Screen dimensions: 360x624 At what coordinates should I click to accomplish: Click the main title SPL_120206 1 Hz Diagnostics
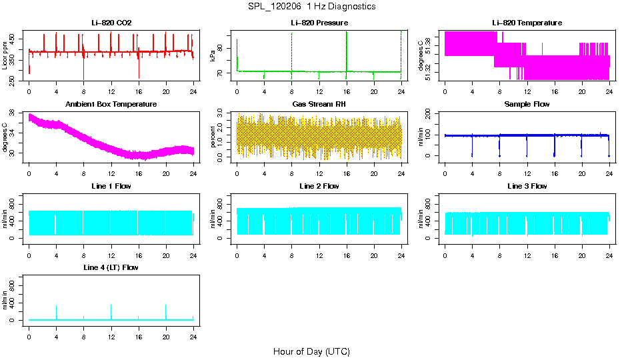tap(311, 7)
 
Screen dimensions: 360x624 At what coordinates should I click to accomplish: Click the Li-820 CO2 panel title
tap(111, 23)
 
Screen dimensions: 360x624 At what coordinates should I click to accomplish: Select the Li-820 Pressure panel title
tap(319, 23)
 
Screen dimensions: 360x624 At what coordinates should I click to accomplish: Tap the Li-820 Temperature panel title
tap(527, 23)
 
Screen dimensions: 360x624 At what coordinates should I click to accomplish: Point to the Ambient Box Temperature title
tap(111, 105)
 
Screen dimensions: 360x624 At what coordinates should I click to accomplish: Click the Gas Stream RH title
tap(319, 105)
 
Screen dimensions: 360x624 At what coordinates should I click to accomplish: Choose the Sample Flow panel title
tap(527, 105)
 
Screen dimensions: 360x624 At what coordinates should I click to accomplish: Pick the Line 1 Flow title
tap(111, 186)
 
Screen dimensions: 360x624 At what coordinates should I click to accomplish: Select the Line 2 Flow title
tap(319, 186)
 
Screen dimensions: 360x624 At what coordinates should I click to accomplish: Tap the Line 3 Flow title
tap(527, 186)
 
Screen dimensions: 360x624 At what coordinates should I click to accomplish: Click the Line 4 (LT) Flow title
tap(111, 267)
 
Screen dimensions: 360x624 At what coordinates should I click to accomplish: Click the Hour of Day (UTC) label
tap(311, 351)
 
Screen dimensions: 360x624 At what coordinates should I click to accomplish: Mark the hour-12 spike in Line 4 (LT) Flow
tap(111, 310)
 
